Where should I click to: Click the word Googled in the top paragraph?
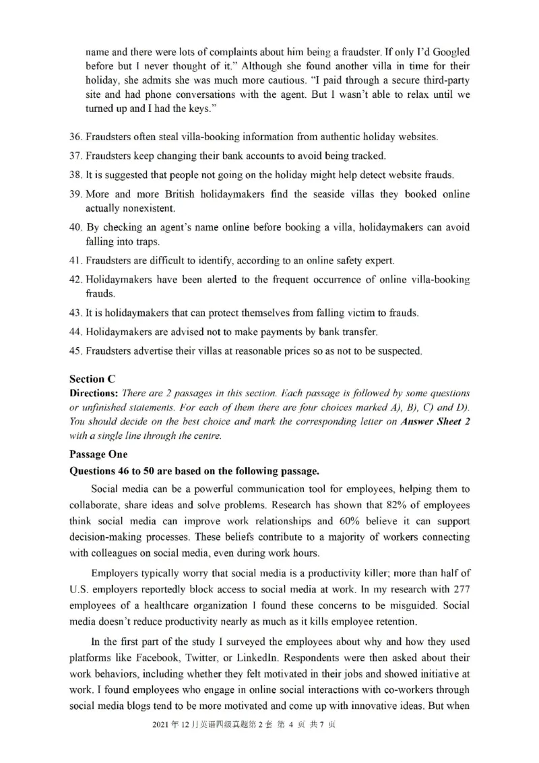[447, 52]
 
